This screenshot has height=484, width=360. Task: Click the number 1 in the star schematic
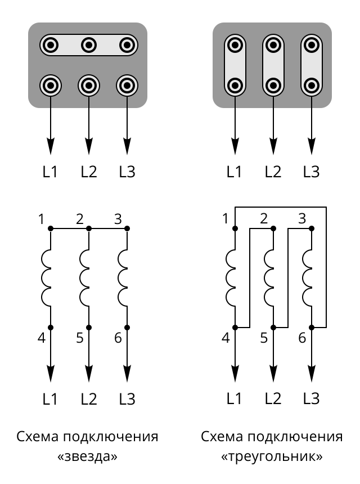[x=41, y=218]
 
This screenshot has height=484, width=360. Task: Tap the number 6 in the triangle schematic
[x=302, y=338]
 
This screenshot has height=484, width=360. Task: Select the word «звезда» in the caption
[x=87, y=456]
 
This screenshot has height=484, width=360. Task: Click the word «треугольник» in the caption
[x=272, y=456]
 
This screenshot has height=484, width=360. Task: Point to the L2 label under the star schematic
[x=89, y=399]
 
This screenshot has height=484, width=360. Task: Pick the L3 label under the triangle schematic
[x=311, y=398]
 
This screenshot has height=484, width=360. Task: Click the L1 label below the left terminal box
[x=51, y=171]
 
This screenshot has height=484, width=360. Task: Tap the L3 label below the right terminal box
[x=311, y=171]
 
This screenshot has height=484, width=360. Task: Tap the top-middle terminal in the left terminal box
[x=89, y=44]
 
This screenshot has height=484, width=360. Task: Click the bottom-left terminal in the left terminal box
[x=51, y=86]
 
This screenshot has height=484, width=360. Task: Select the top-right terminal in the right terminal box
[x=311, y=44]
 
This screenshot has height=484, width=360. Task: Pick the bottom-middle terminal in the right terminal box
[x=273, y=86]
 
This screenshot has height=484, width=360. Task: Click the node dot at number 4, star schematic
[x=51, y=327]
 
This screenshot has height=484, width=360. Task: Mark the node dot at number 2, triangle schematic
[x=273, y=228]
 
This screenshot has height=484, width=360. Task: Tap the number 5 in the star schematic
[x=79, y=338]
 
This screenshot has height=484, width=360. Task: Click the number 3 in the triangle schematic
[x=302, y=218]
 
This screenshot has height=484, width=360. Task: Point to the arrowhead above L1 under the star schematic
[x=51, y=373]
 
